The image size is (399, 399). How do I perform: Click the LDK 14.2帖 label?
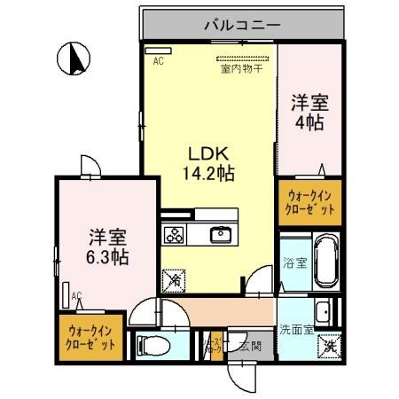coord(209,162)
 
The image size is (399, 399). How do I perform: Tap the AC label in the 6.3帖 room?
coord(76,295)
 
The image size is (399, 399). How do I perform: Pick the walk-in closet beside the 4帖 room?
coord(309,203)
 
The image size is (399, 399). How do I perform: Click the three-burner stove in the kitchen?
coord(174,235)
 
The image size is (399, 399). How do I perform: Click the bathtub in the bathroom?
coord(326,262)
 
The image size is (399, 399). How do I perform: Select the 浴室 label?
coord(294,263)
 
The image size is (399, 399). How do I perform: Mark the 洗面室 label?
coord(295,330)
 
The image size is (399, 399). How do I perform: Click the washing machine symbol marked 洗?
coord(328,346)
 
